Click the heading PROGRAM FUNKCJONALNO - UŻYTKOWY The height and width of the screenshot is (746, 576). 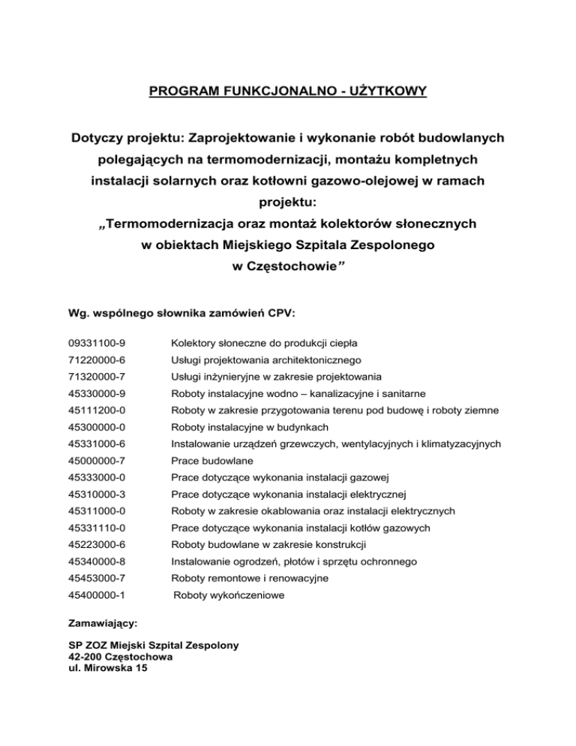click(x=288, y=92)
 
